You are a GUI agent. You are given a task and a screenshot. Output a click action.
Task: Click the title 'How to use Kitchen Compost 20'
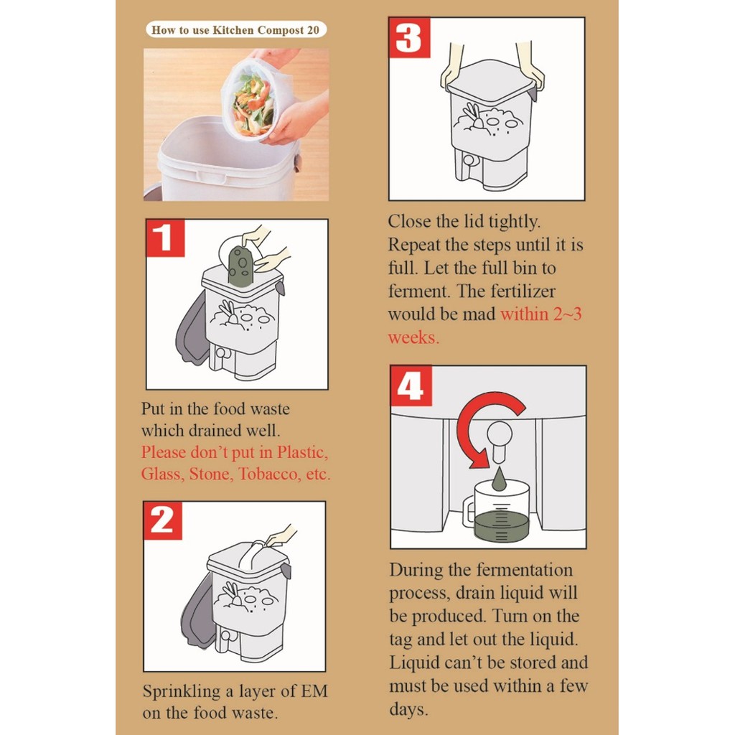(235, 30)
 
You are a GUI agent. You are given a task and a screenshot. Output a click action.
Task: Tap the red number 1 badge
(165, 238)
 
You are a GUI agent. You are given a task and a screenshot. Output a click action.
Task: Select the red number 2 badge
(163, 520)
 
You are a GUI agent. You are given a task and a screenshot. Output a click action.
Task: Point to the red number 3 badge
(409, 37)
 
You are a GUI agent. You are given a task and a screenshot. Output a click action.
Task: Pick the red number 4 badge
(411, 385)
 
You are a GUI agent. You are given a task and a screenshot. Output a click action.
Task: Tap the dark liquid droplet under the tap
(499, 478)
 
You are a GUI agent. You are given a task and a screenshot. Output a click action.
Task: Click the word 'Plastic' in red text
(302, 452)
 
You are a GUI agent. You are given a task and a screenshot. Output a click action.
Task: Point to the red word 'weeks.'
(413, 337)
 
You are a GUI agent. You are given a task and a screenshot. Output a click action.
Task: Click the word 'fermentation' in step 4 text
(525, 570)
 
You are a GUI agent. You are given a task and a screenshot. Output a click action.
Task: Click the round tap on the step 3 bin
(468, 160)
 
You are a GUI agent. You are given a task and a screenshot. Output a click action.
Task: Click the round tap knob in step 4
(500, 431)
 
